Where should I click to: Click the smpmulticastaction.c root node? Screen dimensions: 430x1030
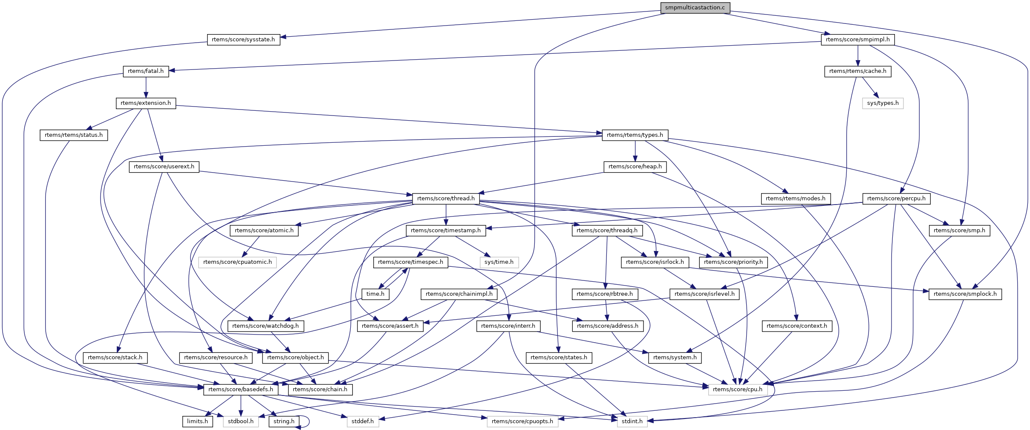point(695,8)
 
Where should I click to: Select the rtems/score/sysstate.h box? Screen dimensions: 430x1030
point(243,40)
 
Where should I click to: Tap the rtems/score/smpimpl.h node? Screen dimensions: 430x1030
point(857,40)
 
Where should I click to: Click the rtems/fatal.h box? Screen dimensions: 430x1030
point(146,71)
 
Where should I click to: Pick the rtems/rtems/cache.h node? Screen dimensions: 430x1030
point(857,71)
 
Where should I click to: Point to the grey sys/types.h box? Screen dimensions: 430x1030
point(883,103)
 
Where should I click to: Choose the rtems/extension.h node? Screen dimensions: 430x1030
point(146,103)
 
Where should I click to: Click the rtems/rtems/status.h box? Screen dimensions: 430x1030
point(74,135)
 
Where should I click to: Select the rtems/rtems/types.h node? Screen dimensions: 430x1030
point(635,135)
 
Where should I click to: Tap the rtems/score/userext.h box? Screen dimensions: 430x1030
point(164,167)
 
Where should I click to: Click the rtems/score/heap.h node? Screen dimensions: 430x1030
point(635,167)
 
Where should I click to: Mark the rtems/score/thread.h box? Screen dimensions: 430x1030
point(446,199)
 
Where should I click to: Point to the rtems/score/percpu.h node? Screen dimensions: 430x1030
point(896,199)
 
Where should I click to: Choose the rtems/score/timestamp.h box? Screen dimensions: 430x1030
point(446,231)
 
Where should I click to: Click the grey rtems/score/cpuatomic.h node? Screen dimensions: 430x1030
point(237,262)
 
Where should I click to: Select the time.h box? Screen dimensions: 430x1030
point(375,294)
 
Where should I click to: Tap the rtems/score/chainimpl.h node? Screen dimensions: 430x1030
point(459,294)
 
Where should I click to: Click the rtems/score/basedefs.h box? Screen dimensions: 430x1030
point(241,390)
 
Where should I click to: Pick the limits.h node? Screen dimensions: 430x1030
point(198,421)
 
